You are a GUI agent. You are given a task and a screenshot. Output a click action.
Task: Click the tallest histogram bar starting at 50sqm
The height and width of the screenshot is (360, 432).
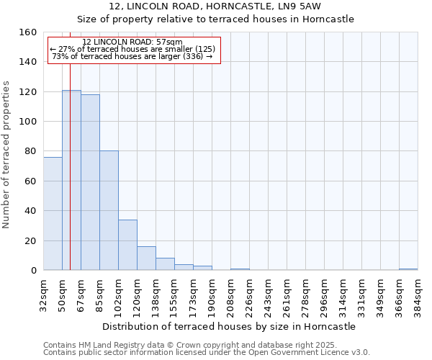click(71, 180)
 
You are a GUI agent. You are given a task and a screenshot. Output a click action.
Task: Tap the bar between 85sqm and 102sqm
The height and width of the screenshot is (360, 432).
click(109, 210)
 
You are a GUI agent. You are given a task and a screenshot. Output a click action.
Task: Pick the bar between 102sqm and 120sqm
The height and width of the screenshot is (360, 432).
click(127, 245)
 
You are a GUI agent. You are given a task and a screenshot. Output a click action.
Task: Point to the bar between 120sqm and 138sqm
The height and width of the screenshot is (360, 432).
click(146, 258)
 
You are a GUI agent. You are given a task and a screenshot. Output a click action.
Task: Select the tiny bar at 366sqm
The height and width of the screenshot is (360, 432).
click(408, 269)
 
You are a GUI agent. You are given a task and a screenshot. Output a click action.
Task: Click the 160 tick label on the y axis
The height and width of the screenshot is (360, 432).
click(27, 32)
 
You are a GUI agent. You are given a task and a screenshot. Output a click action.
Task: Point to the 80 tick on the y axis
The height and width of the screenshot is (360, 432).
click(30, 151)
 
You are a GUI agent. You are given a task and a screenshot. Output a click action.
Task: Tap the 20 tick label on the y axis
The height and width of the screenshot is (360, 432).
click(30, 241)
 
